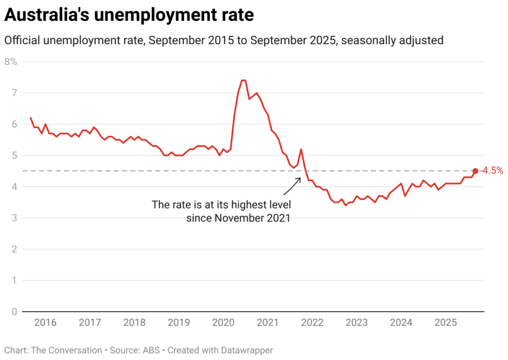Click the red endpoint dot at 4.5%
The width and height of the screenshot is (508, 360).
tap(475, 171)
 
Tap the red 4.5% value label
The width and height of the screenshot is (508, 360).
tap(493, 171)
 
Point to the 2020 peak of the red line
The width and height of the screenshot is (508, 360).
tap(243, 80)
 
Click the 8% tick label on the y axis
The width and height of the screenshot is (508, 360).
tap(11, 62)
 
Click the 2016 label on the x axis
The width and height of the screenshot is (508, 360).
tap(46, 323)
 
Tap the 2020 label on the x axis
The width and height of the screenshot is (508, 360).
tap(223, 323)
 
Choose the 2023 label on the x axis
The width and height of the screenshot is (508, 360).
tap(357, 323)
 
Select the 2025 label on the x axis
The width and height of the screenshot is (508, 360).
tap(445, 323)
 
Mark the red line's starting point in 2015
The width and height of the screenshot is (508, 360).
tap(31, 118)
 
